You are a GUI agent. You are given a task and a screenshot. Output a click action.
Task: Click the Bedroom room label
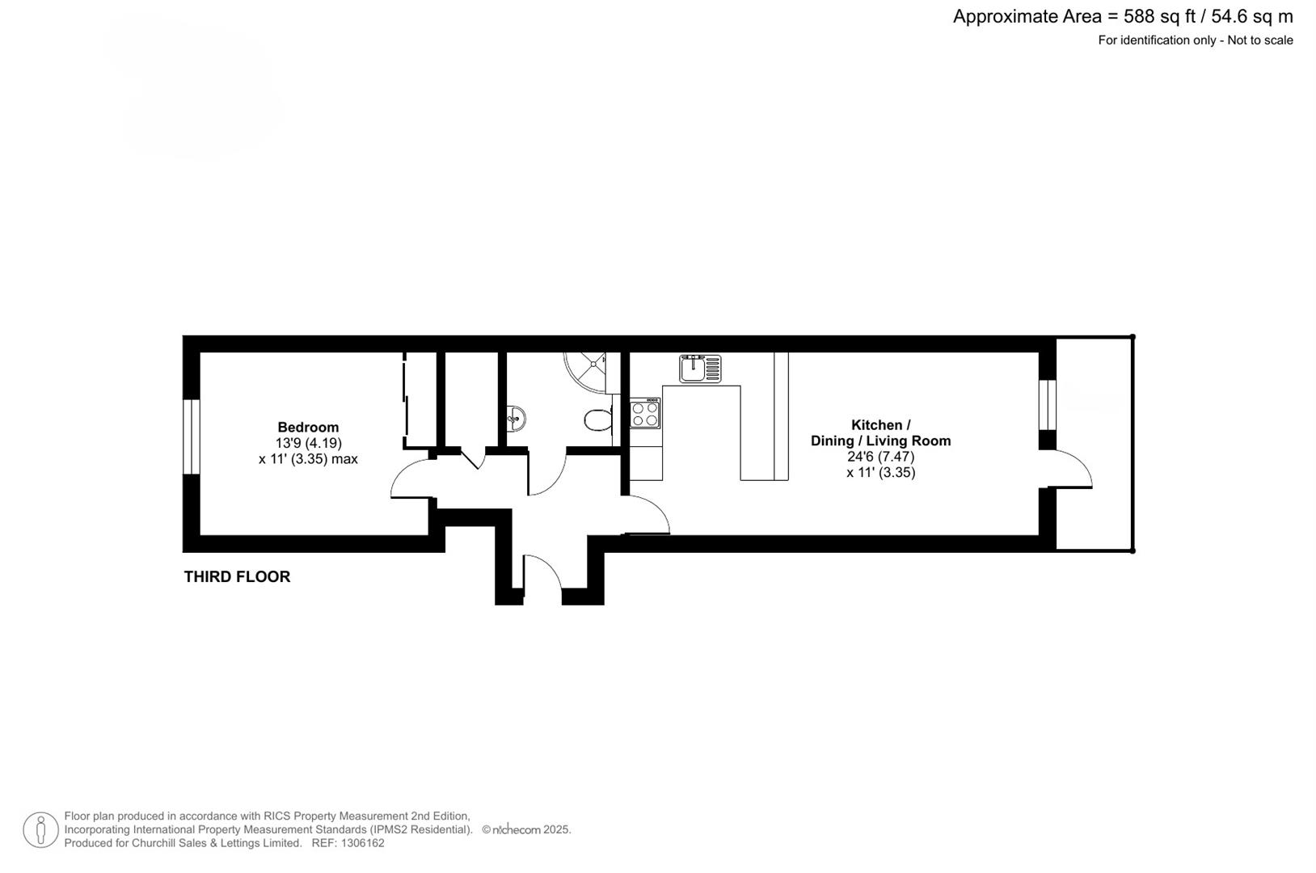(x=308, y=428)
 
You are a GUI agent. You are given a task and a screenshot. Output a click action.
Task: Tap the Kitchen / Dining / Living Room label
(x=880, y=432)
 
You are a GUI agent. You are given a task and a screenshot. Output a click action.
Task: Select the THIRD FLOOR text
(x=237, y=576)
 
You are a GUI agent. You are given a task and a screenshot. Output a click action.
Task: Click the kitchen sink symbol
(x=700, y=369)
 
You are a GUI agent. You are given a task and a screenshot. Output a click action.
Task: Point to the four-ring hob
(x=645, y=414)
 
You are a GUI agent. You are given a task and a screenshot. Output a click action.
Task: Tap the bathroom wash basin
(x=517, y=418)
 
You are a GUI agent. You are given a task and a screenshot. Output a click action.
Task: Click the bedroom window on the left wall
(x=191, y=436)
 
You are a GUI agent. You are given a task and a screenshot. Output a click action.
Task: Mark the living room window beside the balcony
(x=1048, y=404)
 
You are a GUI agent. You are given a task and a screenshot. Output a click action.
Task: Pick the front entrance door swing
(x=542, y=576)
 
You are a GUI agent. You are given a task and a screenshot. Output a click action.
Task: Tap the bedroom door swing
(x=411, y=478)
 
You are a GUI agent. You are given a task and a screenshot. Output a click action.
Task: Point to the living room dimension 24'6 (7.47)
(x=880, y=457)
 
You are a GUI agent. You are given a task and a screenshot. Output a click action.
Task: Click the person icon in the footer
(x=40, y=830)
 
